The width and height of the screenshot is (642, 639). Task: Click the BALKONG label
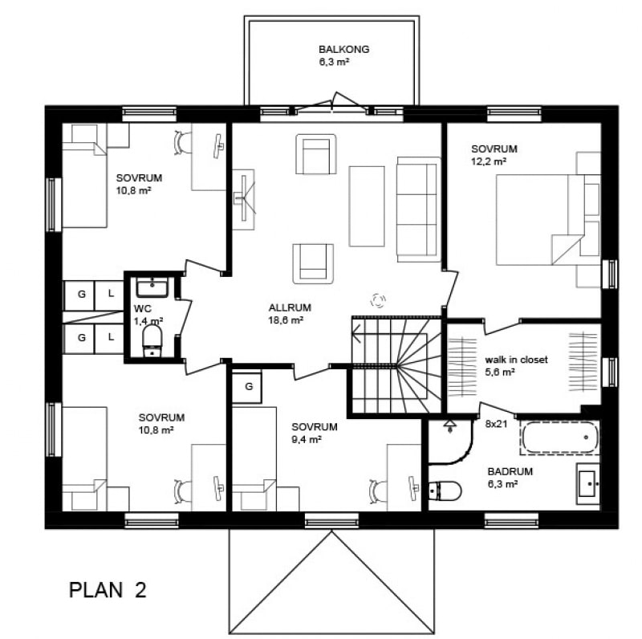tap(344, 49)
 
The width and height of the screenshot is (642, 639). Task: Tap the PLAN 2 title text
tap(108, 590)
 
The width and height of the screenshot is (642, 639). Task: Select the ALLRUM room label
tap(290, 307)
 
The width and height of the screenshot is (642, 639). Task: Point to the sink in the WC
tap(152, 287)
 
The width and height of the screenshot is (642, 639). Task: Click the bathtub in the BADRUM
tap(560, 438)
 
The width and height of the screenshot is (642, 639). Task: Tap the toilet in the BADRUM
tap(445, 490)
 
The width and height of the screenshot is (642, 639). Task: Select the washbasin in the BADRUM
tap(588, 484)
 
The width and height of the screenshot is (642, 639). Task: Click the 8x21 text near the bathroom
tap(496, 425)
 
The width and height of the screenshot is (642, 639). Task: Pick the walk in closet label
tap(516, 360)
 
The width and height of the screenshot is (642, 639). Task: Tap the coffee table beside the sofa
tap(367, 206)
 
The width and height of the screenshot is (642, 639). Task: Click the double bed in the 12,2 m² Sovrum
tap(540, 220)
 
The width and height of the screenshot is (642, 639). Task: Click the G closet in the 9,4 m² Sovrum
tap(247, 387)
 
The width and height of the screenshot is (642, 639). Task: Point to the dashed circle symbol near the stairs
tap(378, 301)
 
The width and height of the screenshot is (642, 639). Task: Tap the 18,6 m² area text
tap(286, 320)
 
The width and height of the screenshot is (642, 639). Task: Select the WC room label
tap(142, 309)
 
